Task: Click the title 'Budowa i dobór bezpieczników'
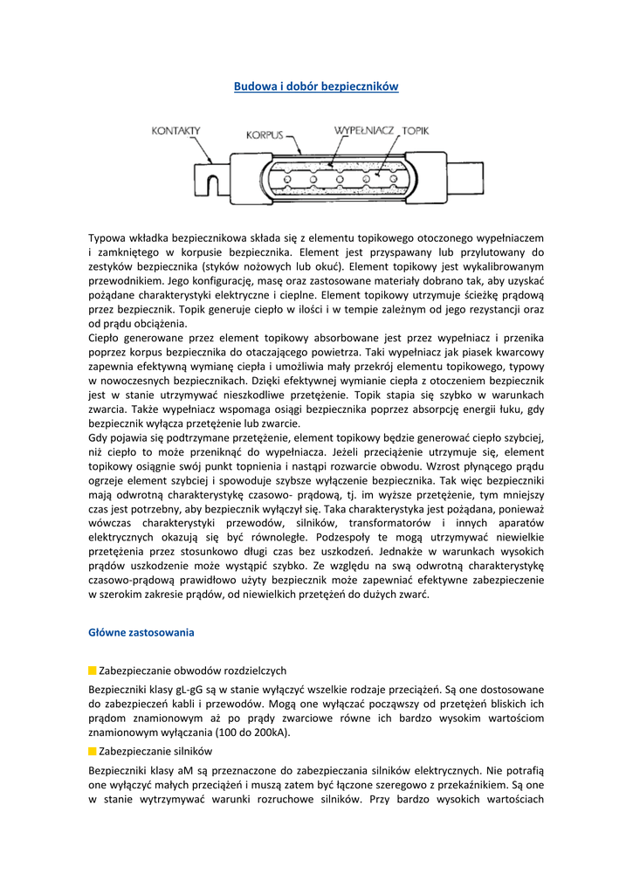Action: [316, 86]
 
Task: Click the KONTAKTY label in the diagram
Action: [175, 131]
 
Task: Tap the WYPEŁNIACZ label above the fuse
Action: [365, 130]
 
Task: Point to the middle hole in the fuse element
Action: [339, 179]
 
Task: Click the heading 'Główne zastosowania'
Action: [141, 631]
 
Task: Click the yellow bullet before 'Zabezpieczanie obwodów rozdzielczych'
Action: [93, 670]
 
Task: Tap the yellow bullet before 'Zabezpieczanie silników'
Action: [93, 751]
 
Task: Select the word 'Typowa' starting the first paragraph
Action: [107, 237]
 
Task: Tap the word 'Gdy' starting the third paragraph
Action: [98, 437]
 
